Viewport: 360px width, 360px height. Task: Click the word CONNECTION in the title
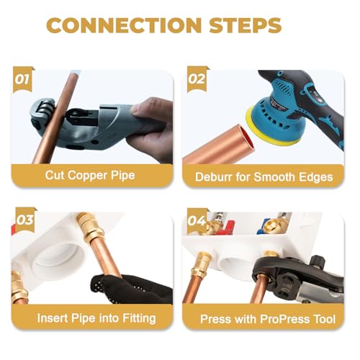pos(124,25)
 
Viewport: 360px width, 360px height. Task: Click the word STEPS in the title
pos(245,25)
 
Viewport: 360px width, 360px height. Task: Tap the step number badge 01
pos(22,79)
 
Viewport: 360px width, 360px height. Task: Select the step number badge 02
pos(197,79)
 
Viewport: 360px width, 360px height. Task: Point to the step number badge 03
pos(24,220)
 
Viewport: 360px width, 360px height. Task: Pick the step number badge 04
pos(197,220)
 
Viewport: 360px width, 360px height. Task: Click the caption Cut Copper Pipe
pos(90,176)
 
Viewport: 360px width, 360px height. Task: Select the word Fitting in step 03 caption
pos(139,318)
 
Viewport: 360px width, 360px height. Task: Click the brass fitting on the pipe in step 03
pos(90,228)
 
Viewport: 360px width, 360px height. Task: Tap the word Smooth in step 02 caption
pos(274,177)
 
